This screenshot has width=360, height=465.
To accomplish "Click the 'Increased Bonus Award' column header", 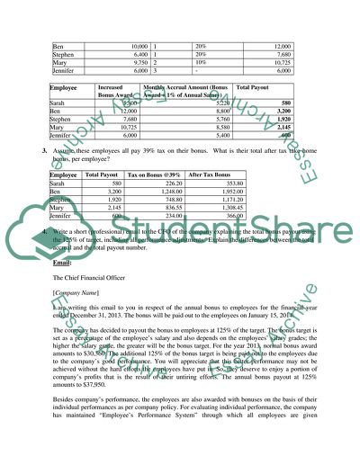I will [x=119, y=94].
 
